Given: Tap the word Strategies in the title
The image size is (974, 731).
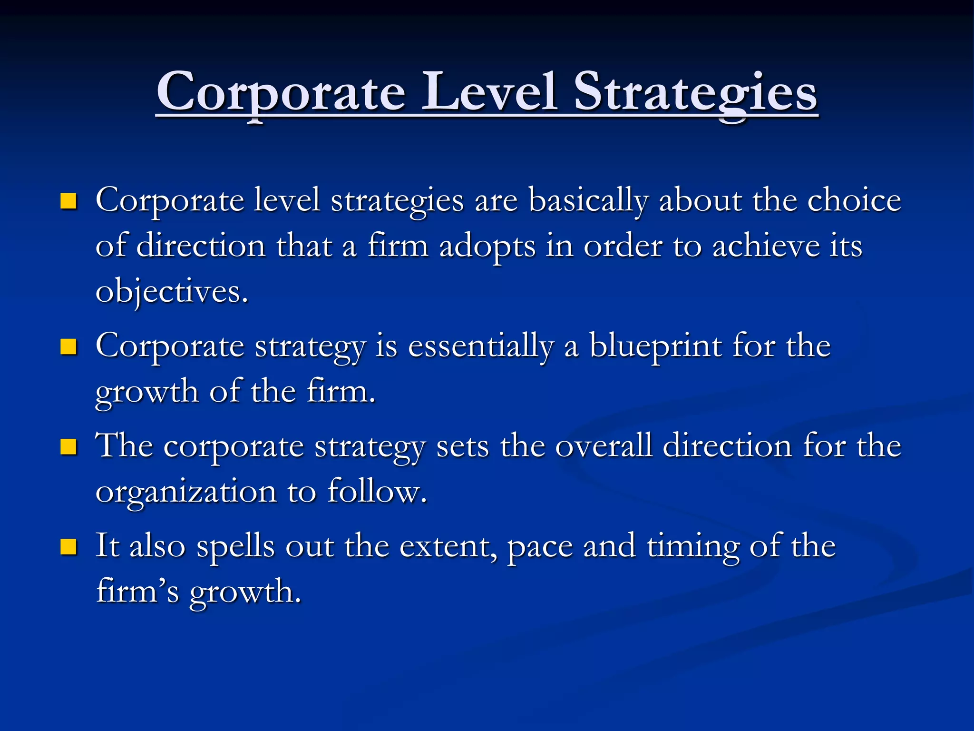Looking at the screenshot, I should (695, 93).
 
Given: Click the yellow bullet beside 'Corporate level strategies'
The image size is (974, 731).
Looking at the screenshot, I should (69, 201).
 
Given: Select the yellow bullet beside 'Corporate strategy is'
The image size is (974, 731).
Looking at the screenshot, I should (69, 347).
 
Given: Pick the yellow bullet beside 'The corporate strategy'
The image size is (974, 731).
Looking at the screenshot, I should (69, 447).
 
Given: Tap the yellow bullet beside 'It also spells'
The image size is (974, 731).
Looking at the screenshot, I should (69, 547).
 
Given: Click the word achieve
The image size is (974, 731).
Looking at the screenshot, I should (766, 246).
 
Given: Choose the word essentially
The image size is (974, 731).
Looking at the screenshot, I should (481, 346).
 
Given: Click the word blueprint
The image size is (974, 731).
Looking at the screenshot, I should (656, 346).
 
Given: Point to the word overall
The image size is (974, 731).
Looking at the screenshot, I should (604, 446).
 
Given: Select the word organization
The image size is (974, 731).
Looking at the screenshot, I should (186, 492).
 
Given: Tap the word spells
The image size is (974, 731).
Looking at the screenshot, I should (235, 546).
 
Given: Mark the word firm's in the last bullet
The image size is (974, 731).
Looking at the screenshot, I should (137, 591).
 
